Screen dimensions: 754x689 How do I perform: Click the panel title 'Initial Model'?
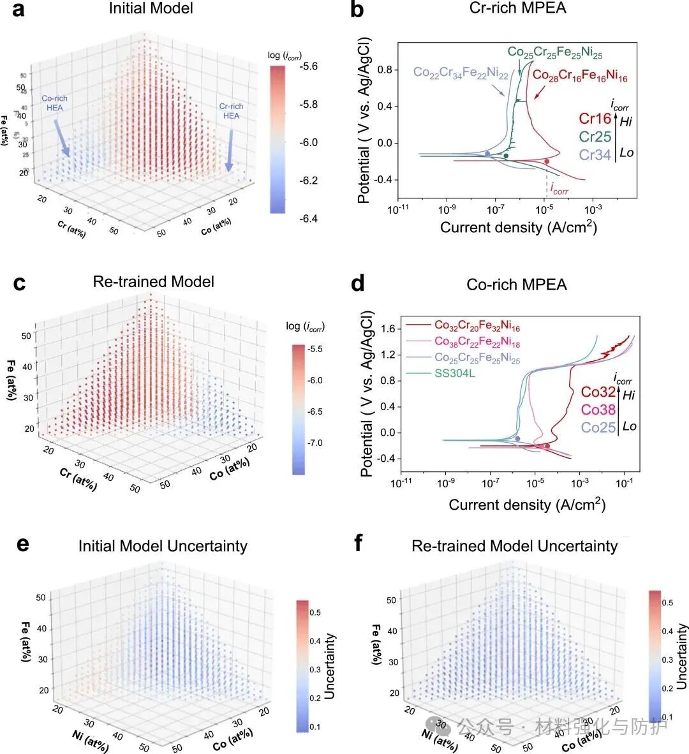(x=151, y=8)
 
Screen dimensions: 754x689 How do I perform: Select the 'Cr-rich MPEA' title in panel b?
(x=517, y=8)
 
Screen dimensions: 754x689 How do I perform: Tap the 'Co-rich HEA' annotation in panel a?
(x=54, y=103)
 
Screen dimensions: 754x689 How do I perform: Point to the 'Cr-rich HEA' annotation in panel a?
(x=231, y=111)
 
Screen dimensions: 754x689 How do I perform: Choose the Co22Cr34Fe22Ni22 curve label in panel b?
(x=461, y=73)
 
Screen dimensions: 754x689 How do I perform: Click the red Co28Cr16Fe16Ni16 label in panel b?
(x=580, y=76)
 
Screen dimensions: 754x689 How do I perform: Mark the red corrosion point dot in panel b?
(x=547, y=161)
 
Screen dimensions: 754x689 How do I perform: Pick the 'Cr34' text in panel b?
(x=595, y=154)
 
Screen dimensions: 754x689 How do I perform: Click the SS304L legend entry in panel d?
(x=455, y=373)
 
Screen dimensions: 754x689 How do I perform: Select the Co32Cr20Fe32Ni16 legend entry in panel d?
(x=477, y=326)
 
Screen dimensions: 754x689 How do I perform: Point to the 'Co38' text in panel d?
(x=598, y=410)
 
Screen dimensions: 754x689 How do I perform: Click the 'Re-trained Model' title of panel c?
(x=154, y=282)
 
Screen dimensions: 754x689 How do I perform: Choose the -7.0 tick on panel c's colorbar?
(x=316, y=443)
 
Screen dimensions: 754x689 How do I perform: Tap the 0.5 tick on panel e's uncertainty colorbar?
(x=315, y=612)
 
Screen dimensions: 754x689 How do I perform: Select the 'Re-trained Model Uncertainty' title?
(x=514, y=546)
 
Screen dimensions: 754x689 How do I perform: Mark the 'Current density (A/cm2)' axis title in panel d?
(x=527, y=505)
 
